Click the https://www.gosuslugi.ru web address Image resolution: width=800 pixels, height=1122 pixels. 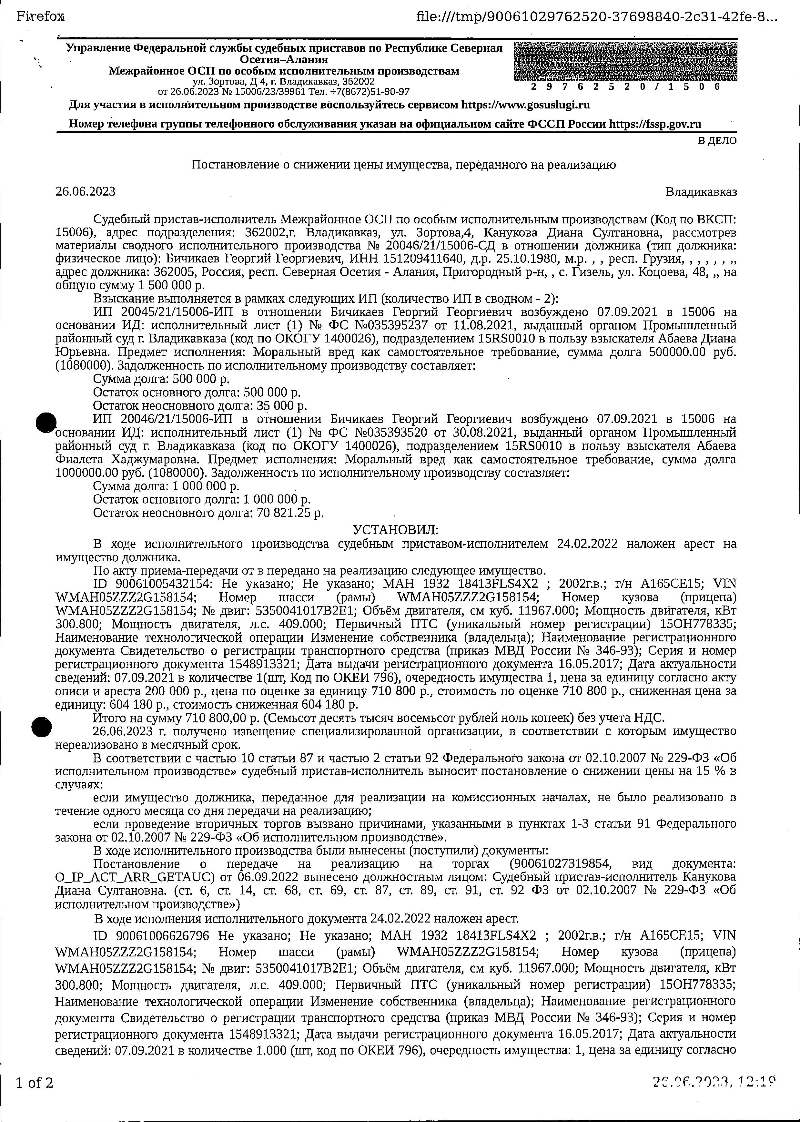click(525, 105)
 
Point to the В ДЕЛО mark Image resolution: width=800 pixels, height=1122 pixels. click(717, 140)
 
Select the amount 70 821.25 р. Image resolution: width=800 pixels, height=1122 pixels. click(290, 513)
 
